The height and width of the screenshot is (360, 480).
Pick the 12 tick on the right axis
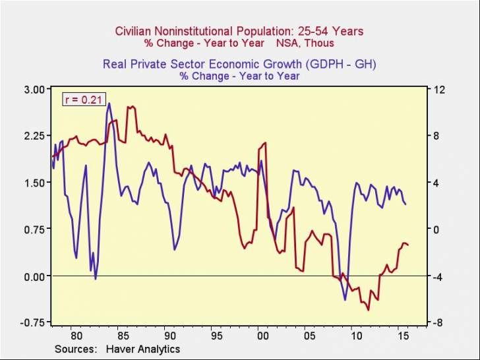click(x=437, y=89)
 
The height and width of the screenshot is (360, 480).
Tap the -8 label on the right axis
click(x=436, y=322)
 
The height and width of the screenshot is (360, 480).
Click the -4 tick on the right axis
click(x=436, y=276)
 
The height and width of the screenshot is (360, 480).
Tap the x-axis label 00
click(x=262, y=334)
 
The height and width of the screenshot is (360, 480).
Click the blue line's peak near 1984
click(x=109, y=103)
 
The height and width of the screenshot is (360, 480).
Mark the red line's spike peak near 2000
click(x=265, y=142)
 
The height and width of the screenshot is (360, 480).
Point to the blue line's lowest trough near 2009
click(x=345, y=299)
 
